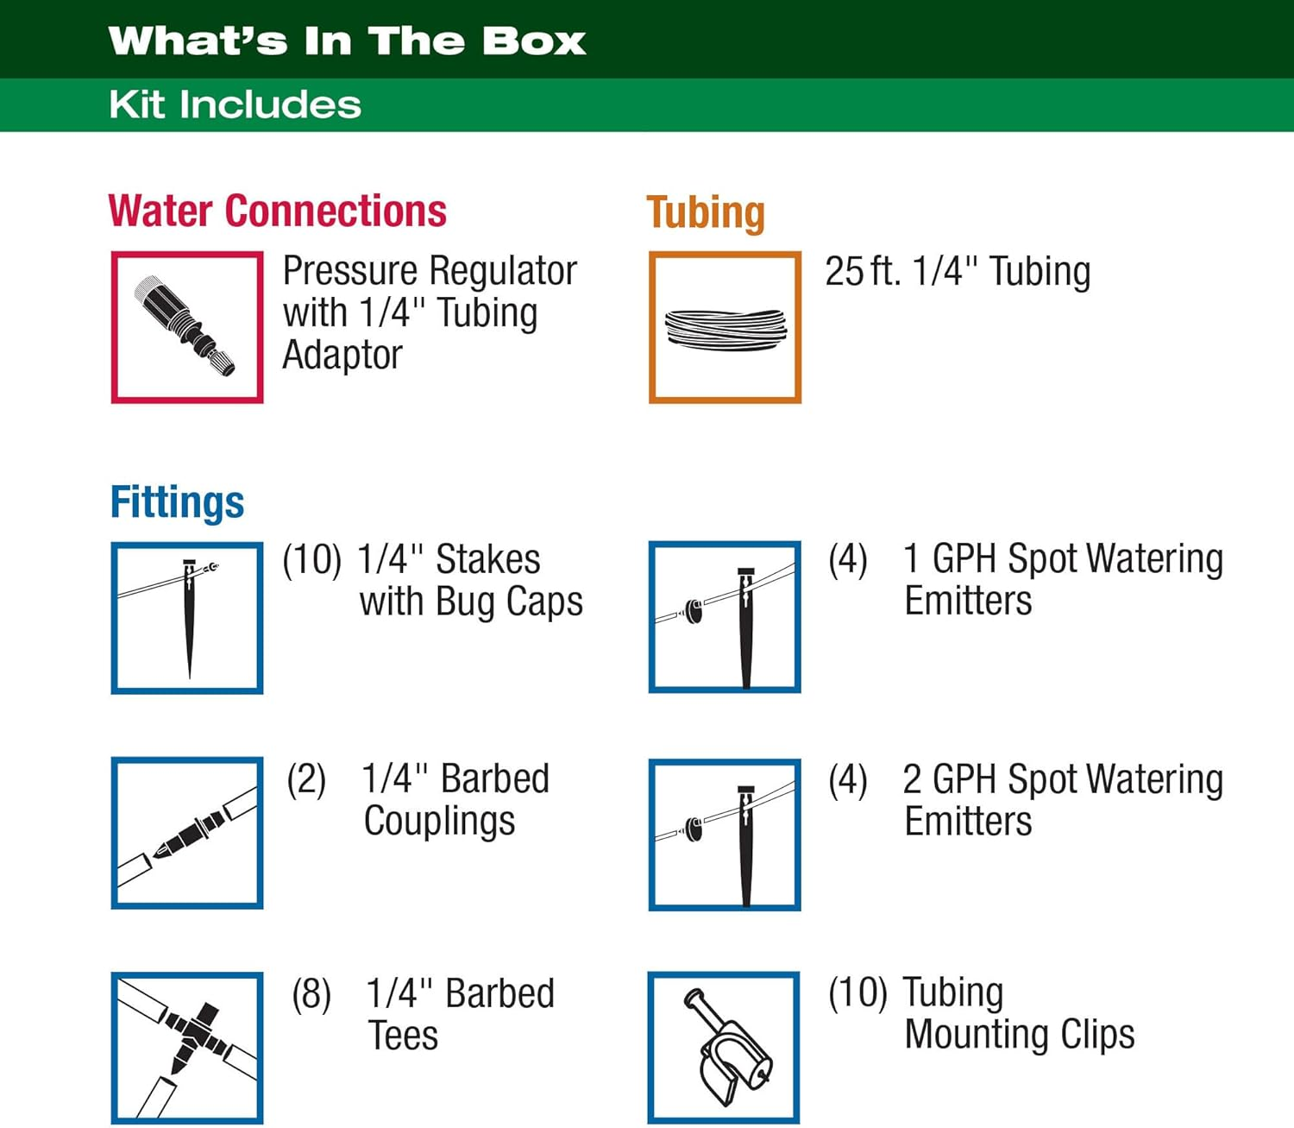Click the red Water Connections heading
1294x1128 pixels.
point(277,211)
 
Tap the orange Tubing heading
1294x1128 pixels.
point(705,213)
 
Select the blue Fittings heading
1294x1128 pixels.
point(177,502)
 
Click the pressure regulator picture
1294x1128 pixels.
point(186,326)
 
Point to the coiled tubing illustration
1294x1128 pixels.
point(725,328)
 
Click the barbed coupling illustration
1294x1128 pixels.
point(186,833)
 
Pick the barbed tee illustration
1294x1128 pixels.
point(186,1047)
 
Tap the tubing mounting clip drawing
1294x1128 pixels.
point(725,1047)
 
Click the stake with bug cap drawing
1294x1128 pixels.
point(186,617)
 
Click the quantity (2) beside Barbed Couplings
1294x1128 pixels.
point(306,779)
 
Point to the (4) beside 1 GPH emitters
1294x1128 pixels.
point(847,559)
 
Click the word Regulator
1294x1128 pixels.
point(503,272)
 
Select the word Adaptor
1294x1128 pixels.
point(342,355)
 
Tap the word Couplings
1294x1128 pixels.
point(439,822)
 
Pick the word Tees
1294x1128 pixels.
point(403,1036)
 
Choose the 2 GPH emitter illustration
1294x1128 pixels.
point(725,835)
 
